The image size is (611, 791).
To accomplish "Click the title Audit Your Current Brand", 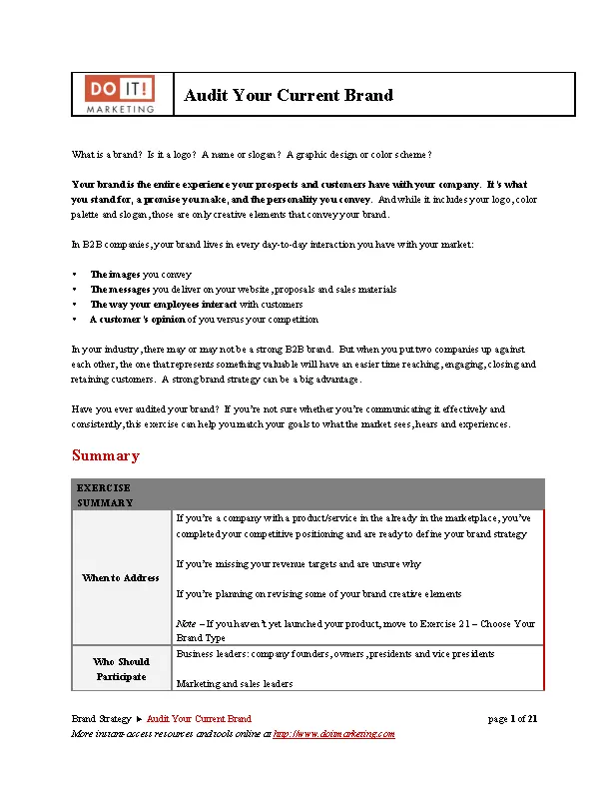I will (289, 96).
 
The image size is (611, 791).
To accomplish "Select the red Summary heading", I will (105, 455).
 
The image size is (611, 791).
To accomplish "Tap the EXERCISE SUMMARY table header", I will (105, 494).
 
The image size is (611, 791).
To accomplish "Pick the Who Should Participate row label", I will (121, 669).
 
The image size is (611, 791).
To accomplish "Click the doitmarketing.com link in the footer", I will (333, 733).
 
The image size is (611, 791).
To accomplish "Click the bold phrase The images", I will (115, 274).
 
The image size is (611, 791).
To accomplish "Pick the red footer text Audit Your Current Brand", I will (199, 718).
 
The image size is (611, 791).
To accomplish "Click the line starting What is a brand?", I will (252, 155).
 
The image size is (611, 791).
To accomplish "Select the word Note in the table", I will (186, 623).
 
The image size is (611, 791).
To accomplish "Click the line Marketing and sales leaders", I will (233, 684).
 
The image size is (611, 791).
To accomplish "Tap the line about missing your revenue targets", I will (298, 563).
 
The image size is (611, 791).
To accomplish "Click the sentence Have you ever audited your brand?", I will (146, 408).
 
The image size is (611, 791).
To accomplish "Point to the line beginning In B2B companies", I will (273, 244).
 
